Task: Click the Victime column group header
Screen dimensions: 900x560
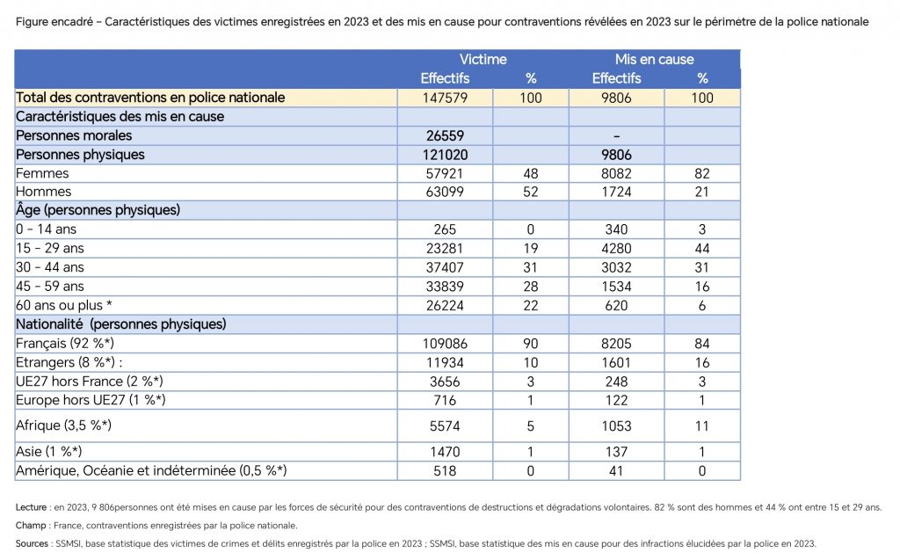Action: pos(483,59)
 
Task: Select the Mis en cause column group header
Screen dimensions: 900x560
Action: pos(654,59)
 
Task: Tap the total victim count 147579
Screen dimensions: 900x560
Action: pos(445,98)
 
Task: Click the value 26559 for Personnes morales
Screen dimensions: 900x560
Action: pos(445,135)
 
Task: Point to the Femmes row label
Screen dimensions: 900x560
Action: pos(42,173)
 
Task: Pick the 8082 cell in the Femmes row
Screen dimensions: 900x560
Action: pos(616,173)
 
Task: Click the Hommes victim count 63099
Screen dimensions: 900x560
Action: pos(445,192)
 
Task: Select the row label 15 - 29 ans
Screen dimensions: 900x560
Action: pos(50,248)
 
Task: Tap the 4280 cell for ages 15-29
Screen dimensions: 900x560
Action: pos(616,248)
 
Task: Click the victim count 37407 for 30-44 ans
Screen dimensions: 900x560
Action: pos(445,267)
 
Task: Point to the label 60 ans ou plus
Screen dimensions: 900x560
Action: pos(59,305)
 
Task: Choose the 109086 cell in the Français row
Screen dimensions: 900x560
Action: pos(445,344)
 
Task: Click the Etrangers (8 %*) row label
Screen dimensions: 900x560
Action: pos(69,362)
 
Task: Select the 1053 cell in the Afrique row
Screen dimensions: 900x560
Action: pos(616,426)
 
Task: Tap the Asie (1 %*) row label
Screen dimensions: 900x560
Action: pos(49,452)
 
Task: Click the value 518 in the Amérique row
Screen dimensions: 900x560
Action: pos(445,471)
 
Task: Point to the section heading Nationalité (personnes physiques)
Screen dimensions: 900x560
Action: pos(121,324)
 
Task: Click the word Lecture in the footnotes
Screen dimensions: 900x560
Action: pos(31,507)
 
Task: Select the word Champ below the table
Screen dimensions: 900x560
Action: pos(31,526)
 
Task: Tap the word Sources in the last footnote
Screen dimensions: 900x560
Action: pos(33,543)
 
